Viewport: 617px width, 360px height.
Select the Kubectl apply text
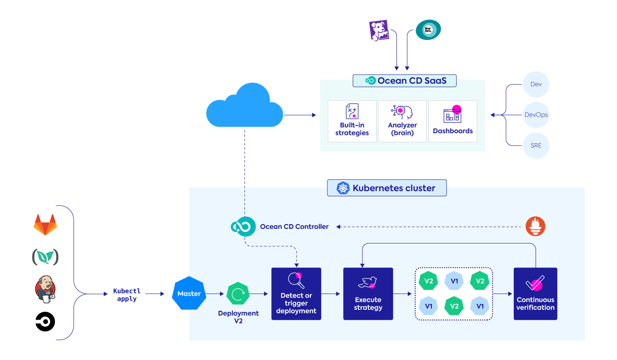pos(127,294)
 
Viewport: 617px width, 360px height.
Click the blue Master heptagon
pos(189,294)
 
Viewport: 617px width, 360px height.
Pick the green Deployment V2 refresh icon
pos(238,294)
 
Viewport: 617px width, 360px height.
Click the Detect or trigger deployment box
pos(296,294)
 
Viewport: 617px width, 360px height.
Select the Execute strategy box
pos(368,294)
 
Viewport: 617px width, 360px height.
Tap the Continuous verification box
pos(535,294)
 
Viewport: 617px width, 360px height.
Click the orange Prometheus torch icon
pos(536,226)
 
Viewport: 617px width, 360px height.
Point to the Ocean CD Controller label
pos(294,226)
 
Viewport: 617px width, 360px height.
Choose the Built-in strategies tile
pos(352,121)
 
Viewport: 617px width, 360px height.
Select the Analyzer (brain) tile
pos(402,121)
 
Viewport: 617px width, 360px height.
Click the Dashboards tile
pos(453,121)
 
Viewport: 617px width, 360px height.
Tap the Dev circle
pos(536,84)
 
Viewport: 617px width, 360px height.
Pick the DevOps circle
pos(536,115)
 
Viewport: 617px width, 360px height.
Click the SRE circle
pos(536,145)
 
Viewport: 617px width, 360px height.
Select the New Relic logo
pos(428,30)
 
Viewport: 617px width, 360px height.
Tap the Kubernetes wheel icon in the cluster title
pos(343,188)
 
